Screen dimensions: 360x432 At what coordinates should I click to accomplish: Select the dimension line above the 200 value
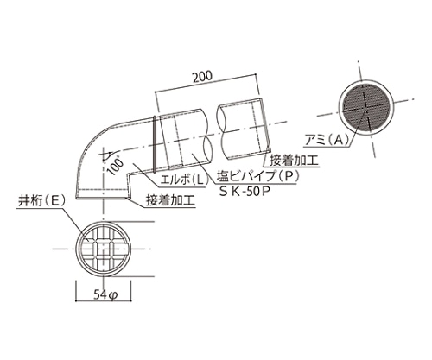(x=208, y=88)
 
